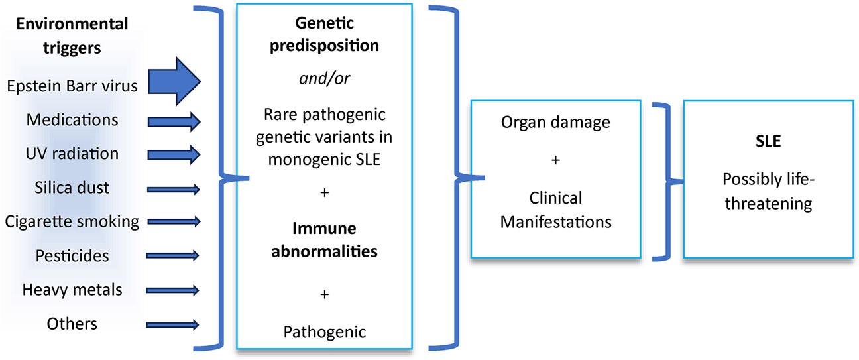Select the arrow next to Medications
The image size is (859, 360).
coord(174,121)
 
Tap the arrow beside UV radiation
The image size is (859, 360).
coord(174,154)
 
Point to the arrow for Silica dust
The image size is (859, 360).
coord(174,188)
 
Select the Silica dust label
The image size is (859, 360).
coord(72,188)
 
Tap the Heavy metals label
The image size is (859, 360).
coord(72,290)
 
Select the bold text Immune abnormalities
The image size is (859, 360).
coord(323,240)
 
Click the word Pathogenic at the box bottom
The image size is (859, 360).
coord(323,331)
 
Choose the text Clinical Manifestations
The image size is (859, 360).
coord(555,210)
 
